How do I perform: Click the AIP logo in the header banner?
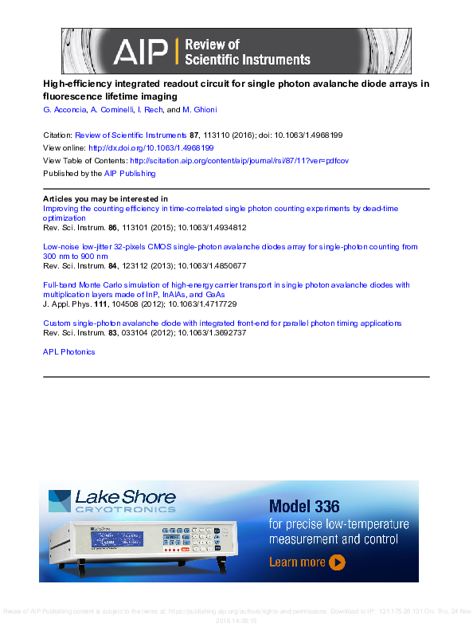[x=140, y=53]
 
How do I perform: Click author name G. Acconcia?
[x=63, y=110]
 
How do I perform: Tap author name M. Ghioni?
[x=199, y=110]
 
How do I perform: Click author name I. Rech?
[x=151, y=110]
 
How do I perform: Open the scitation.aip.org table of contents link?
[x=239, y=160]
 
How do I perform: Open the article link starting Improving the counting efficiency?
[x=220, y=209]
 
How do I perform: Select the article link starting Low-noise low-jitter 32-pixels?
[x=229, y=247]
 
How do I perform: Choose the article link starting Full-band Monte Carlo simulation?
[x=225, y=284]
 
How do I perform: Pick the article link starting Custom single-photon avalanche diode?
[x=221, y=323]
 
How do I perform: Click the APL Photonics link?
[x=68, y=351]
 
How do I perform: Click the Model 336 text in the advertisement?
[x=304, y=506]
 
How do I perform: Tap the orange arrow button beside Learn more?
[x=337, y=562]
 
